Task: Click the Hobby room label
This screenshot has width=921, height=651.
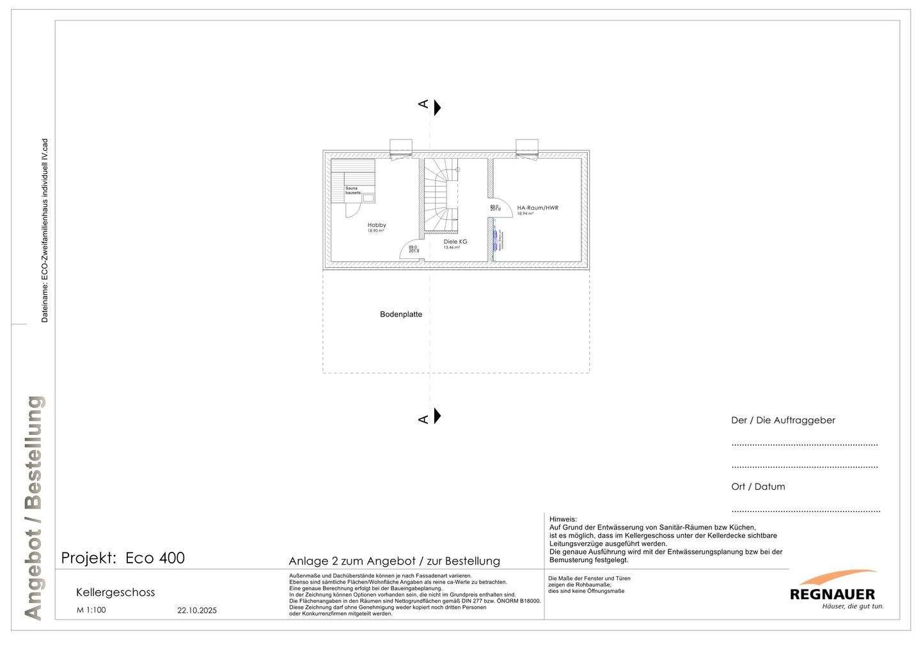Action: (x=377, y=225)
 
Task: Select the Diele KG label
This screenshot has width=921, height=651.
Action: (x=455, y=242)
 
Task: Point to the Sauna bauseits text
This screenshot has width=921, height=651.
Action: (x=353, y=190)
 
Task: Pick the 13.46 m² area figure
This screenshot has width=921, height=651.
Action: (x=452, y=247)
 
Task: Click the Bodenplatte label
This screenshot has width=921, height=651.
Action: (x=401, y=315)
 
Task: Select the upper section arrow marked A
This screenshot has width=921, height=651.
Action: (x=437, y=107)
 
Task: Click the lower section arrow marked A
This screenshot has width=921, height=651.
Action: (x=437, y=416)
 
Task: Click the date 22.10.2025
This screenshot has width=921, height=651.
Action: (x=197, y=611)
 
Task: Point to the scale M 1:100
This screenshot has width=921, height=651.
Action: (x=91, y=610)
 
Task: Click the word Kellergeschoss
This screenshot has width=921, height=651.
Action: (x=115, y=592)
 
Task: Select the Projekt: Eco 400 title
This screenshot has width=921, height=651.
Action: (x=123, y=558)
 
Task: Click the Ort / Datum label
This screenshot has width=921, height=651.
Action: (x=758, y=487)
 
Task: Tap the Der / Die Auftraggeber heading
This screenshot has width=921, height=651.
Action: (x=783, y=420)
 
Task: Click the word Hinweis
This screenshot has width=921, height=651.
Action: (x=563, y=519)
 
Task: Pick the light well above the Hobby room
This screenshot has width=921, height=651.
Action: (x=401, y=147)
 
